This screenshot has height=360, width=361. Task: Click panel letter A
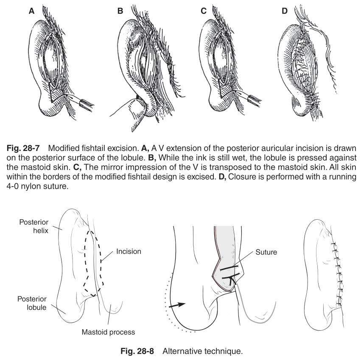click(31, 12)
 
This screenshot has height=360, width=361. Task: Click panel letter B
click(120, 12)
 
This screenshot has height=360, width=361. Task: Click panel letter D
click(285, 12)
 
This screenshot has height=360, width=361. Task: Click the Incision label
click(129, 251)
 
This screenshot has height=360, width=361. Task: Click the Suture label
click(266, 251)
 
